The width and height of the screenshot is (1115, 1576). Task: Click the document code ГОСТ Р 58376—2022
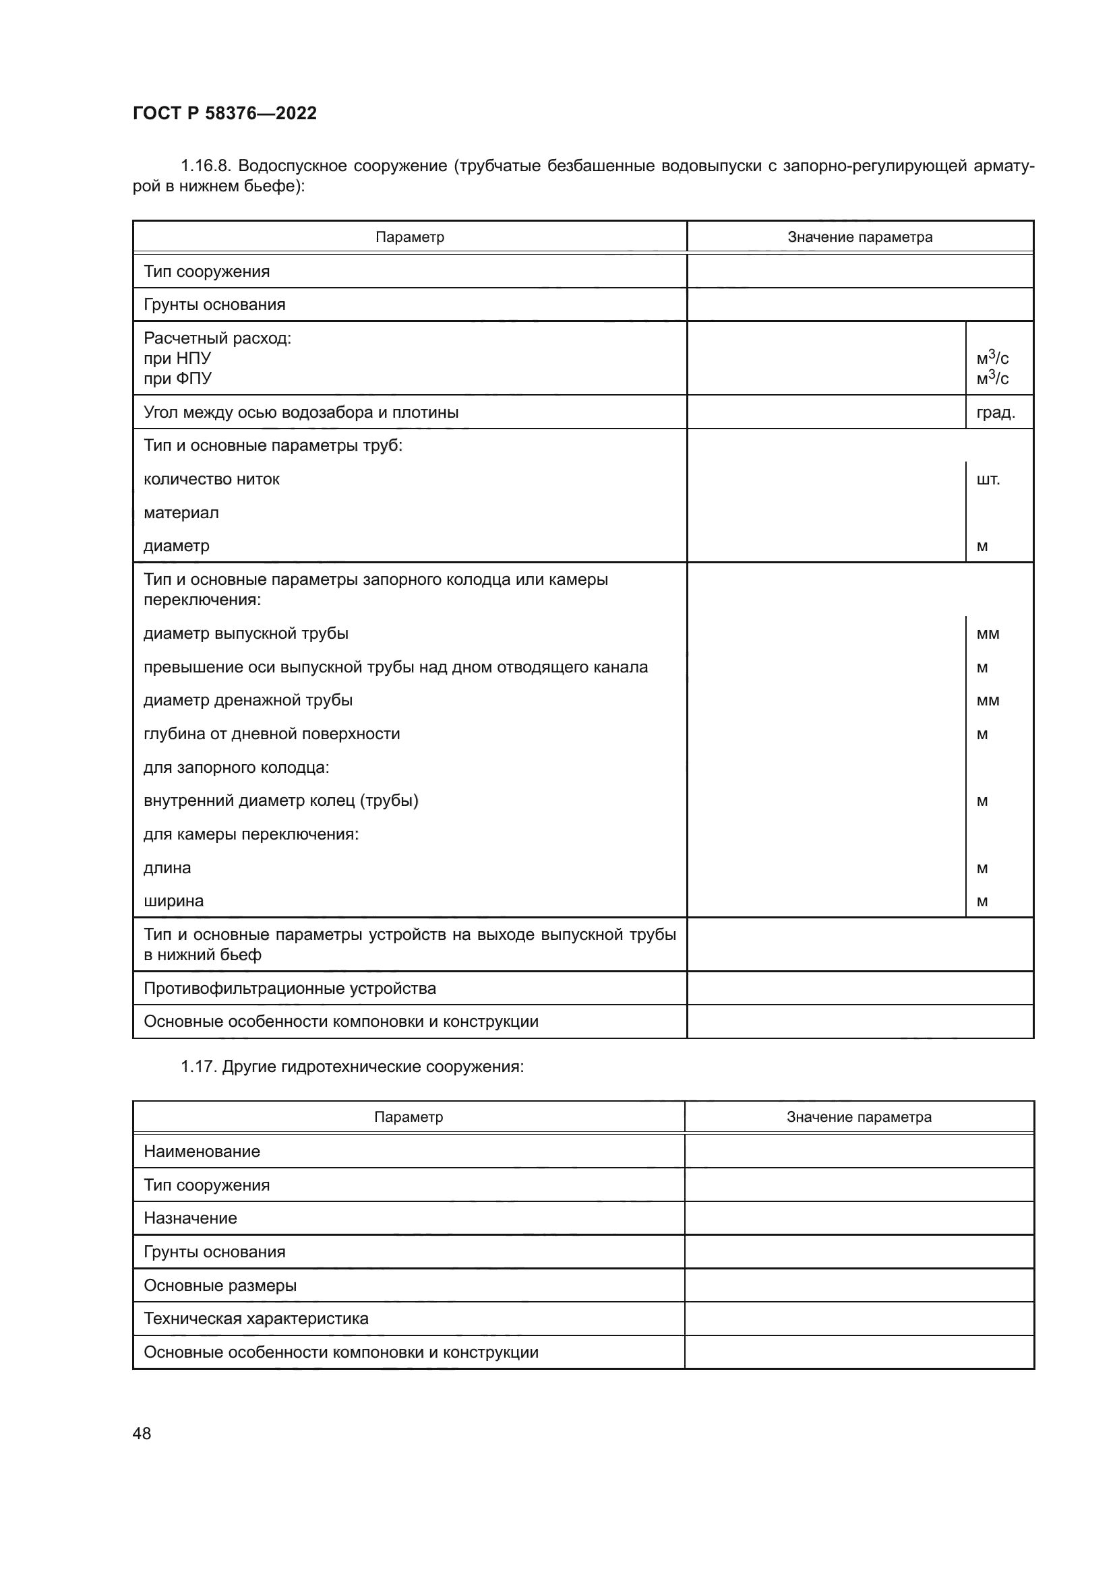pos(224,113)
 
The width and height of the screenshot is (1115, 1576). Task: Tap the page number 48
pos(142,1433)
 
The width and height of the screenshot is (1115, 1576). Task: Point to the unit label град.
pos(995,412)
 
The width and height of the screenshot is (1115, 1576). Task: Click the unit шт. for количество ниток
pos(988,479)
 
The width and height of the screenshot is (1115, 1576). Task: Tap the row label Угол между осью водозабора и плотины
pos(301,412)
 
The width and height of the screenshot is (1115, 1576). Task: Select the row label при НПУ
pos(177,358)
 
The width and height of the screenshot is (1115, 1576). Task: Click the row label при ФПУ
pos(177,378)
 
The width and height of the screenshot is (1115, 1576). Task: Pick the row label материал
pos(181,513)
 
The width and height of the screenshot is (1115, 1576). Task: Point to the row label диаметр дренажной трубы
pos(248,700)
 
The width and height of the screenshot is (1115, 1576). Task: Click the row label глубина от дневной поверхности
pos(271,734)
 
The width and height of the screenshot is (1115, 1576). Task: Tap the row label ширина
pos(174,901)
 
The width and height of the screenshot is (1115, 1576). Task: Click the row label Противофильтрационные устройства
pos(290,988)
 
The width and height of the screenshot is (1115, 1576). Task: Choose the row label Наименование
pos(202,1151)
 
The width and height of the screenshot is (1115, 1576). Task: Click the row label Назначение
pos(190,1218)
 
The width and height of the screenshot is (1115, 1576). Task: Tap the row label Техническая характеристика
pos(255,1319)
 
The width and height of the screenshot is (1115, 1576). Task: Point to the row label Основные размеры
pos(220,1285)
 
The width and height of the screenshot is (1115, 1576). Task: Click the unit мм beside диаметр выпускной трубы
pos(988,633)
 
